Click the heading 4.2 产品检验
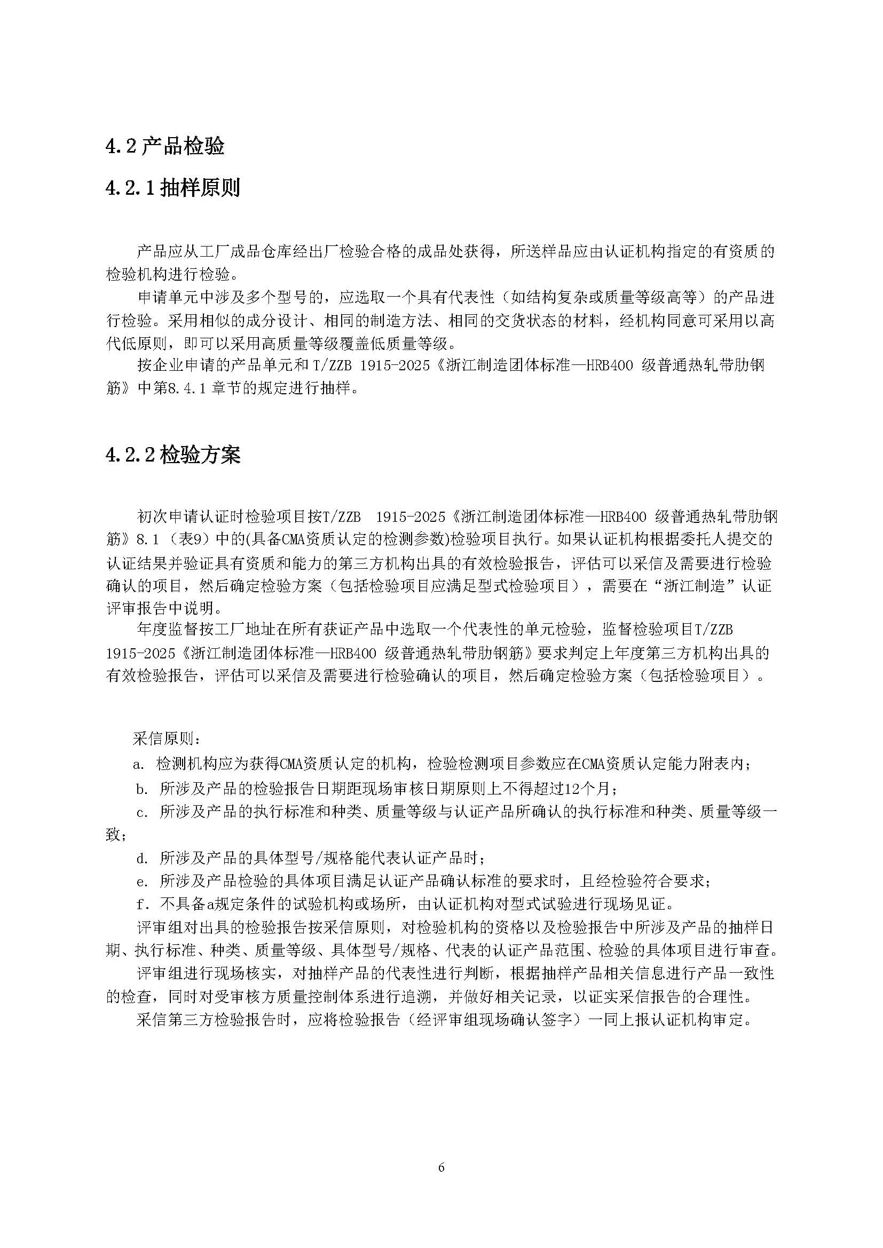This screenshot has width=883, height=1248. click(x=165, y=146)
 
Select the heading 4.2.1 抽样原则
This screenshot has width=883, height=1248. click(x=172, y=188)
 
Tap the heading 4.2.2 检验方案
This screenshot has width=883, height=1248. click(x=172, y=455)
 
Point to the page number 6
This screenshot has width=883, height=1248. click(x=441, y=1167)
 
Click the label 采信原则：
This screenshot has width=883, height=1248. click(x=168, y=739)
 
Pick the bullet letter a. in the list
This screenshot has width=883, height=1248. click(x=139, y=764)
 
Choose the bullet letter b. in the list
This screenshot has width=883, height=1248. click(x=142, y=788)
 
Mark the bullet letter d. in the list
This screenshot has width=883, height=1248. click(x=142, y=859)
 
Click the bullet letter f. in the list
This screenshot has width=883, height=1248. click(x=142, y=904)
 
